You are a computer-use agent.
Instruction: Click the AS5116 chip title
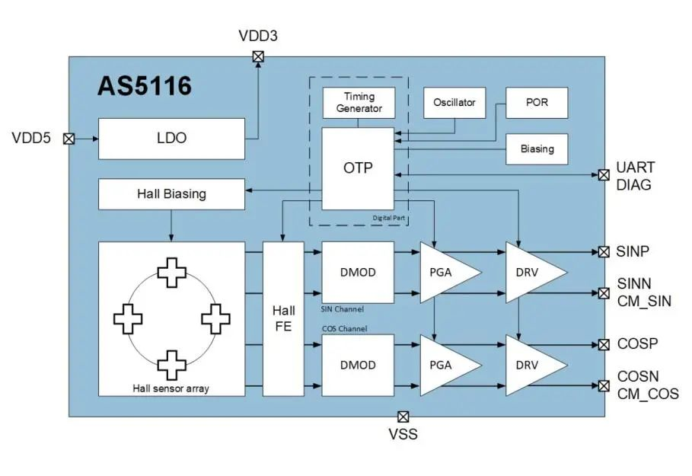point(145,86)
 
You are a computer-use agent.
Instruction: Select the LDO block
point(171,139)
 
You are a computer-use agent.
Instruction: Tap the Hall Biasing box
point(171,193)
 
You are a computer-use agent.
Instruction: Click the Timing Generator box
point(359,103)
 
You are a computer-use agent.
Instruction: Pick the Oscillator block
point(454,103)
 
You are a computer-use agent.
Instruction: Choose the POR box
point(537,103)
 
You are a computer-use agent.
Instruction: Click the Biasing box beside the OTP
point(537,149)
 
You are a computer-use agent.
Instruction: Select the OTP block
point(358,168)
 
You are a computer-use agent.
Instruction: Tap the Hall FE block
point(283,319)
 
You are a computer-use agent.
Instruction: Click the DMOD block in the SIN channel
point(358,272)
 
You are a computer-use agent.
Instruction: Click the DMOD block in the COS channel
point(358,365)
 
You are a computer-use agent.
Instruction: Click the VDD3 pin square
point(258,56)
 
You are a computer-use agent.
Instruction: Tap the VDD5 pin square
point(69,139)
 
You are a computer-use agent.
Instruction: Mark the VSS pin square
point(403,417)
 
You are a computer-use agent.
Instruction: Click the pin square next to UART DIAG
point(604,175)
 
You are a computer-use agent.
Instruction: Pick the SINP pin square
point(604,251)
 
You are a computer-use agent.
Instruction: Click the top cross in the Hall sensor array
point(171,272)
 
